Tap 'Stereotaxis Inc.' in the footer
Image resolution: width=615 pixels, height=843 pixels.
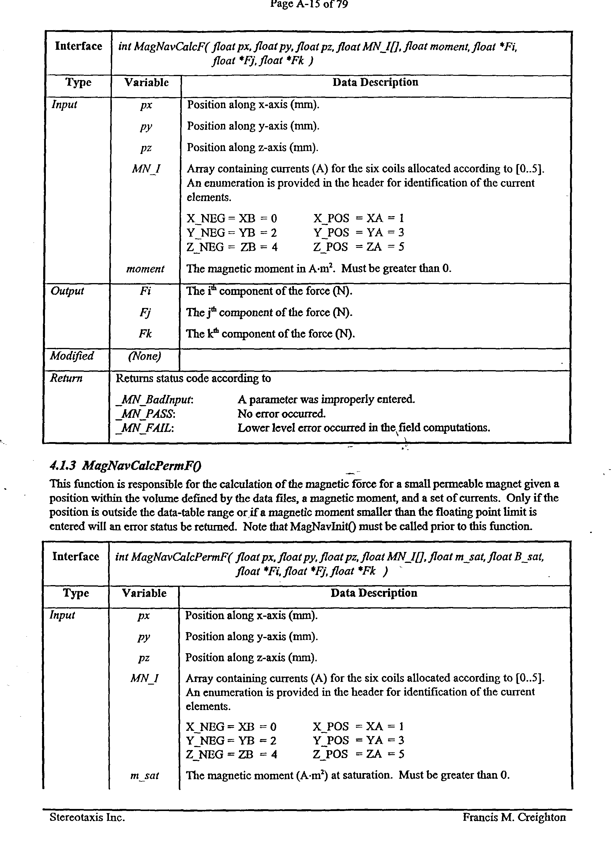87,817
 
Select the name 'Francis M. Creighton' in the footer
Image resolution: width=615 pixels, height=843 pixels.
514,817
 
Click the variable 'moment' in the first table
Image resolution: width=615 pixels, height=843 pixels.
145,269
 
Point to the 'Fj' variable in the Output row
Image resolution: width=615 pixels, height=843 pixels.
145,312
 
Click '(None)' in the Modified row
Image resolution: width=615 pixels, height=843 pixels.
144,356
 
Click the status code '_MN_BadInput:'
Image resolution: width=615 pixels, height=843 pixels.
154,399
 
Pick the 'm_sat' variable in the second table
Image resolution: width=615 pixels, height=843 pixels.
144,775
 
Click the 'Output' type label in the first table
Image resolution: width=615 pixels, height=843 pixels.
67,291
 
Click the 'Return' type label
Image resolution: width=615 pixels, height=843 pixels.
66,378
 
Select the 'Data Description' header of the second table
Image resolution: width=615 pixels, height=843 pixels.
374,593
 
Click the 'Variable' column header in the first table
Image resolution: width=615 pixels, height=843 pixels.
146,83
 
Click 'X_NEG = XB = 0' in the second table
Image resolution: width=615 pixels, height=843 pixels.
231,726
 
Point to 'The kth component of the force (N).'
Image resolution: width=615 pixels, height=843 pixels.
270,334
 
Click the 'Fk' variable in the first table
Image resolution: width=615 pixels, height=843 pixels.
145,334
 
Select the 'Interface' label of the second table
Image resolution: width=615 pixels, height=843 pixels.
76,557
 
